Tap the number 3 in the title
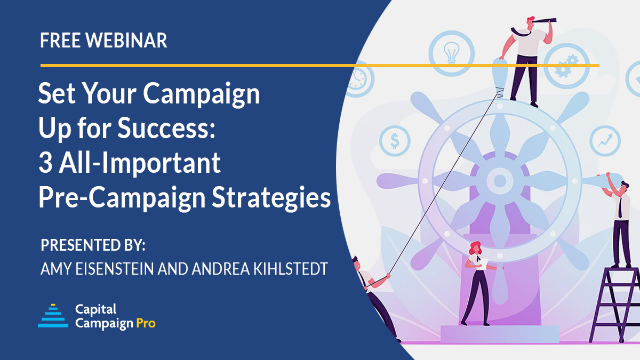click(45, 163)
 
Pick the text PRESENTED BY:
click(93, 246)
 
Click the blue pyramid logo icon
click(53, 315)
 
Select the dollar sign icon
click(395, 141)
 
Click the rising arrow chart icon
click(605, 141)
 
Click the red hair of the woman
click(474, 247)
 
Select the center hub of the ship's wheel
click(499, 180)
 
